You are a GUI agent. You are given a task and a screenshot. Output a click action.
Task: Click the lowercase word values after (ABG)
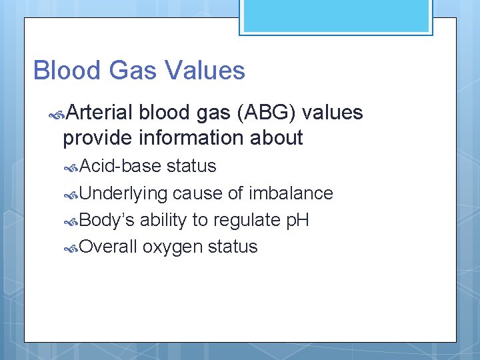click(x=333, y=113)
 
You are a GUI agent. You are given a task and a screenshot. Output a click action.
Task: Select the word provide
click(x=98, y=138)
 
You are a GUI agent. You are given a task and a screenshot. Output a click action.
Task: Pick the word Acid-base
click(x=121, y=166)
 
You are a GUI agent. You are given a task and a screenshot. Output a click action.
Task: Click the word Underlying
click(x=123, y=193)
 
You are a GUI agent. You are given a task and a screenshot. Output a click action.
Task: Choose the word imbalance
click(x=291, y=193)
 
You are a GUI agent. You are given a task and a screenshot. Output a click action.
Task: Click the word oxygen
click(x=172, y=247)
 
